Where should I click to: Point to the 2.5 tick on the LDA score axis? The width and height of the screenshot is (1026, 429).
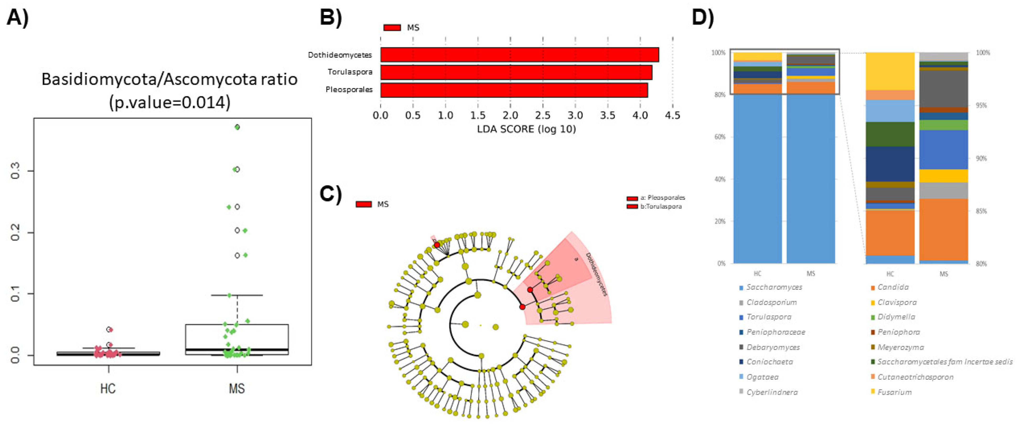click(543, 115)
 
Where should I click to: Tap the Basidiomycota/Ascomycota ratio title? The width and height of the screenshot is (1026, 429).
click(170, 79)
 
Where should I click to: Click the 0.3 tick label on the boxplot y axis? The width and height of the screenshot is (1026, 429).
click(15, 171)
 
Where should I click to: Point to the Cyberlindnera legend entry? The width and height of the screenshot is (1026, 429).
click(772, 392)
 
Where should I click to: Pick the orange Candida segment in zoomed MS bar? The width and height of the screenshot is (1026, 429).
click(944, 229)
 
